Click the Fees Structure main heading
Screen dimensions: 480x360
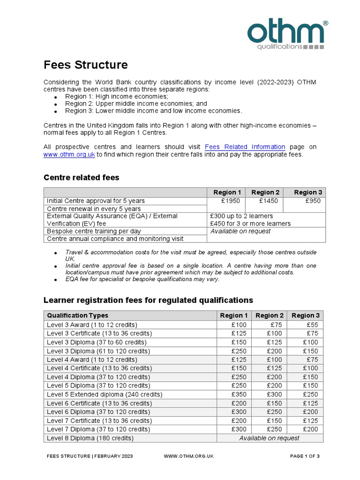pyautogui.click(x=86, y=65)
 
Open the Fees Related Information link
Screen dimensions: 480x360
pyautogui.click(x=245, y=147)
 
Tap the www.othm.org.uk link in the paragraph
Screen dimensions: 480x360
pyautogui.click(x=69, y=155)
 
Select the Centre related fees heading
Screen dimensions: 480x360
pyautogui.click(x=81, y=178)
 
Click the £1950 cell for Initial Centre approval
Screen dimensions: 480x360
pyautogui.click(x=230, y=201)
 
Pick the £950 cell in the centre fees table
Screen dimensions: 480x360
pyautogui.click(x=313, y=201)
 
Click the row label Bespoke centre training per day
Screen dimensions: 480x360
pyautogui.click(x=94, y=231)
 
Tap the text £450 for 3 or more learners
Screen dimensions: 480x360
pyautogui.click(x=251, y=224)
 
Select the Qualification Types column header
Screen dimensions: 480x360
pyautogui.click(x=78, y=315)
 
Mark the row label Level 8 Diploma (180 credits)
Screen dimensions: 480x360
pyautogui.click(x=90, y=438)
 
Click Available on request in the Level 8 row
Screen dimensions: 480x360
pyautogui.click(x=270, y=438)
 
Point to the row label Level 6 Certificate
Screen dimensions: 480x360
pyautogui.click(x=99, y=403)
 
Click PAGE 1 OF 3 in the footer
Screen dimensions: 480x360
pyautogui.click(x=305, y=456)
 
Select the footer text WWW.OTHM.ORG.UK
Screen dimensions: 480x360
pyautogui.click(x=189, y=456)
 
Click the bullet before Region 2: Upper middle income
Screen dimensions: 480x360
pyautogui.click(x=55, y=104)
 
